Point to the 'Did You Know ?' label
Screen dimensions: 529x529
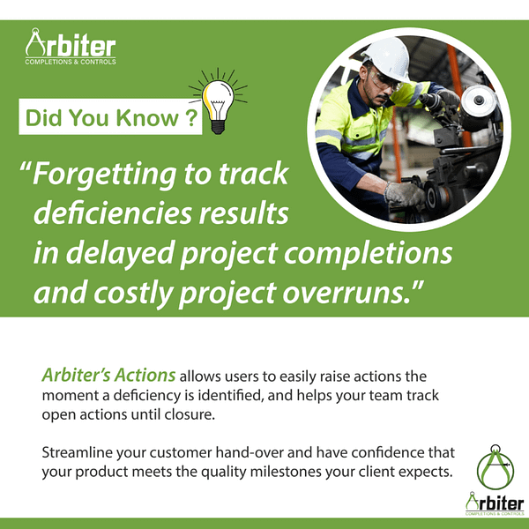(x=110, y=118)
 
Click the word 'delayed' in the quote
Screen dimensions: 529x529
(x=119, y=254)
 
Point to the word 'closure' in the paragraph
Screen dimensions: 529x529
(x=246, y=414)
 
